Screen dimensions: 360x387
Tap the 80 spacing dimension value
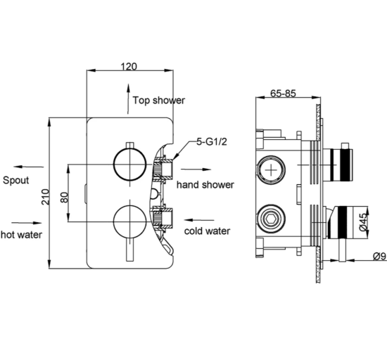tap(64, 194)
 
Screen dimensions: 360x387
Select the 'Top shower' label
tap(159, 100)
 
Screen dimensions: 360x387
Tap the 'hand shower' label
tap(205, 185)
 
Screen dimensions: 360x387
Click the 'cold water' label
tap(208, 230)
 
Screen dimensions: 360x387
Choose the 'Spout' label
tap(15, 181)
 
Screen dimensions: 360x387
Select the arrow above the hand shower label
tap(196, 169)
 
